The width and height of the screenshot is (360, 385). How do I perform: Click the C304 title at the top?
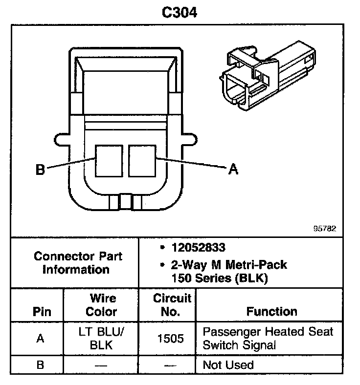pyautogui.click(x=180, y=12)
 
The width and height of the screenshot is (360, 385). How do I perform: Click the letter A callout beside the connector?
pyautogui.click(x=233, y=169)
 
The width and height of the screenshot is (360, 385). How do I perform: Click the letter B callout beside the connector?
pyautogui.click(x=41, y=170)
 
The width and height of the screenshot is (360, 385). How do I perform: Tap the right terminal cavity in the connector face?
pyautogui.click(x=142, y=161)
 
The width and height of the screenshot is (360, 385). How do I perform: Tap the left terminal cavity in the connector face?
pyautogui.click(x=109, y=161)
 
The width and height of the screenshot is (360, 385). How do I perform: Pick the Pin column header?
pyautogui.click(x=42, y=312)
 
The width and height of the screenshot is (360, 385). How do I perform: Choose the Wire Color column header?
pyautogui.click(x=102, y=305)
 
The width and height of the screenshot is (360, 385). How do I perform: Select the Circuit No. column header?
pyautogui.click(x=168, y=305)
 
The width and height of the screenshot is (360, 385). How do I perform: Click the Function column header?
pyautogui.click(x=271, y=312)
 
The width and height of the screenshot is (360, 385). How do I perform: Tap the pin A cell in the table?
pyautogui.click(x=41, y=339)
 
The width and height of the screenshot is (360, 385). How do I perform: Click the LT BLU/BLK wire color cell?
pyautogui.click(x=102, y=339)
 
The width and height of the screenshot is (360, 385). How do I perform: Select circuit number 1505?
pyautogui.click(x=168, y=339)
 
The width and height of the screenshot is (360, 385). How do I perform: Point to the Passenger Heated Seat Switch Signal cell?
pyautogui.click(x=268, y=339)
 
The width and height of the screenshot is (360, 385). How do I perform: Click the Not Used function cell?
pyautogui.click(x=228, y=365)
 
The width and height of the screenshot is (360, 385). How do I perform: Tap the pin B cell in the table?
pyautogui.click(x=41, y=365)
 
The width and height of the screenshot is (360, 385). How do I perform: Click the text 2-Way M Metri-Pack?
pyautogui.click(x=228, y=265)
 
